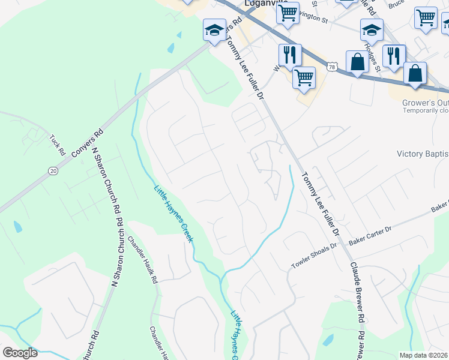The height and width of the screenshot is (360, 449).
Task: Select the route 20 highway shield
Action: (x=53, y=171)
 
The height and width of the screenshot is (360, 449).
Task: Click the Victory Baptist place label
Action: (x=422, y=154)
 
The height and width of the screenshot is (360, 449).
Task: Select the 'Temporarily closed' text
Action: (x=425, y=110)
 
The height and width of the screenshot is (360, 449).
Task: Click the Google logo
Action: (x=20, y=353)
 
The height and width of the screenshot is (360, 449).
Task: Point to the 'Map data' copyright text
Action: (x=423, y=355)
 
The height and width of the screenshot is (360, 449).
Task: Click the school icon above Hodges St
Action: (x=372, y=29)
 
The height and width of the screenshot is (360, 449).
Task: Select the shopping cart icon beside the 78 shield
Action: (x=304, y=76)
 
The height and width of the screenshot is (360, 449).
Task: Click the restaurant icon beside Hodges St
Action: (x=394, y=55)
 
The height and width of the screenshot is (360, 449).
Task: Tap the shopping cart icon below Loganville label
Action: (x=288, y=13)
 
